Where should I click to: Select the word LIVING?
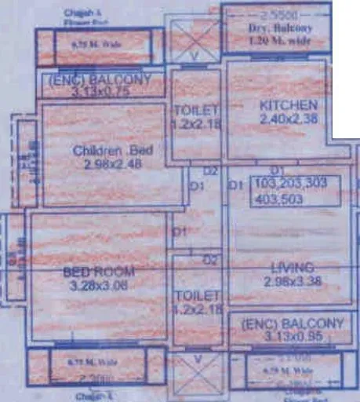289,266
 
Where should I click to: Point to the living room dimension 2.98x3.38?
289,280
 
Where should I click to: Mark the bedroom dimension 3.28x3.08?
99,286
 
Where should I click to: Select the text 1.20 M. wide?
280,39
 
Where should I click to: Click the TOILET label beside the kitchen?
195,111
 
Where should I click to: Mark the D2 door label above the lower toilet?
209,259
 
